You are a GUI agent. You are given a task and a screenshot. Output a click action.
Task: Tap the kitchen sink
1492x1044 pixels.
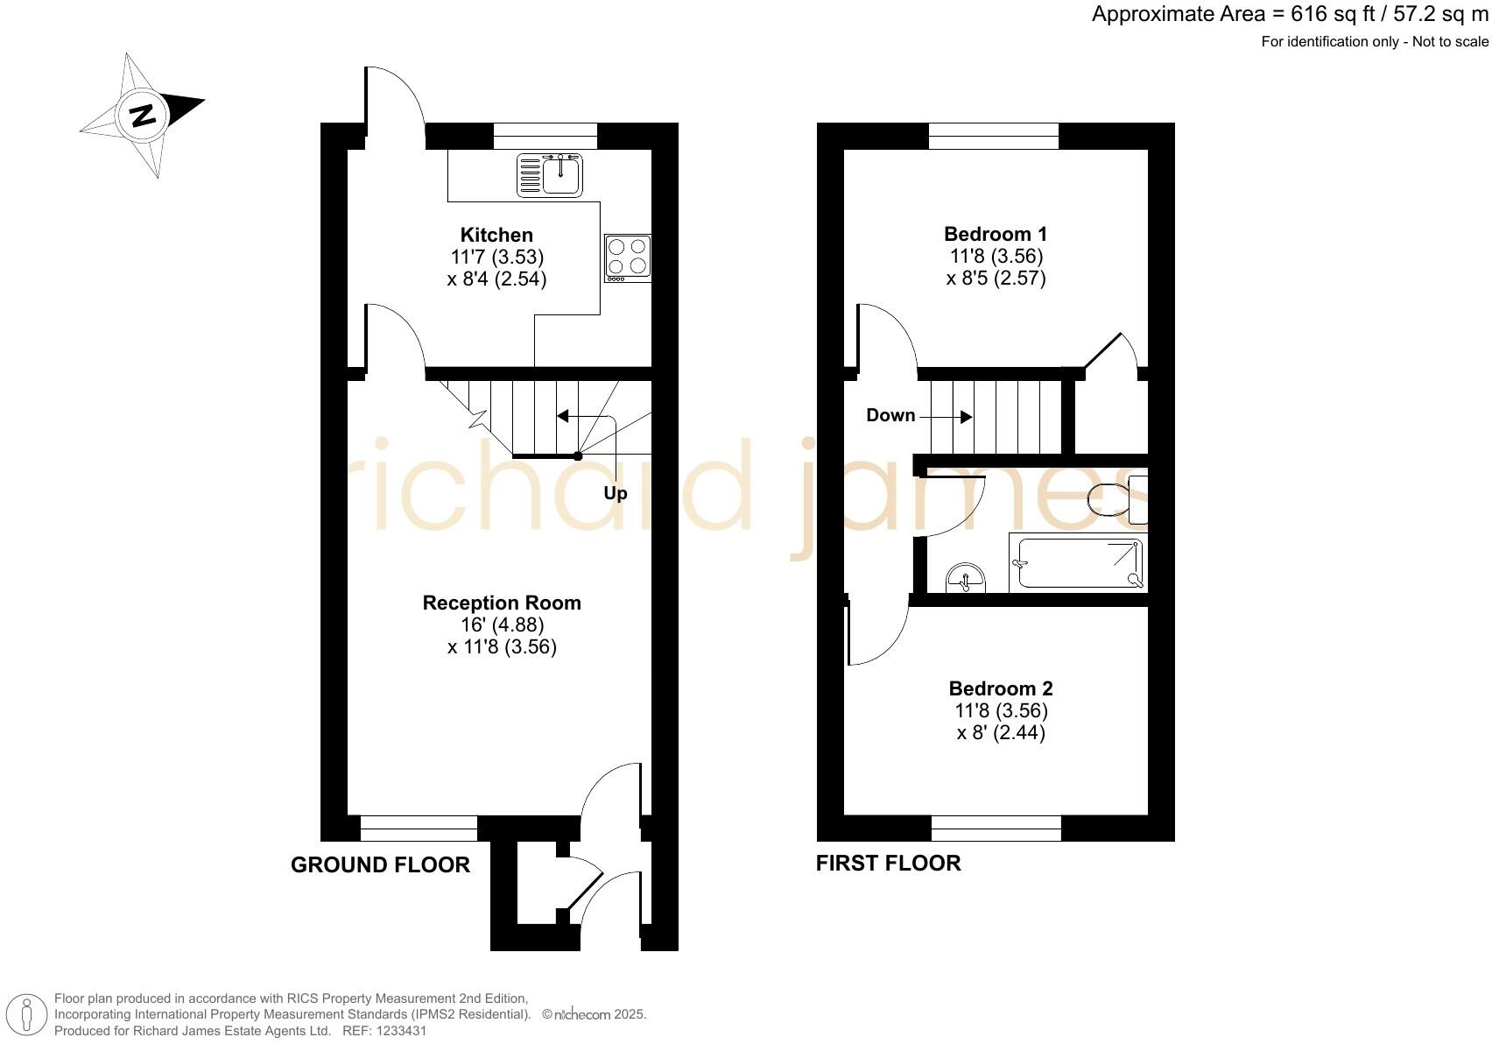[551, 174]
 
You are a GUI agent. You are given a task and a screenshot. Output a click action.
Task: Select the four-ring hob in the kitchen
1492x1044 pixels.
[627, 257]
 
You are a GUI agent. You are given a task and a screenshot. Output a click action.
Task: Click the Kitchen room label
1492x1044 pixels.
[496, 235]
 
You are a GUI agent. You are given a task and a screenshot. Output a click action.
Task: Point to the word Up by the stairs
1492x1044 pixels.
[615, 493]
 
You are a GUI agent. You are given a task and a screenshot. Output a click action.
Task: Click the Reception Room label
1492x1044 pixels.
[502, 603]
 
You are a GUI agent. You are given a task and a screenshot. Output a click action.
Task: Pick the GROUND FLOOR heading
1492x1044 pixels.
[380, 865]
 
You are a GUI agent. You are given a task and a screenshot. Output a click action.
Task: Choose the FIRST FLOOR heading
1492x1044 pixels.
[888, 864]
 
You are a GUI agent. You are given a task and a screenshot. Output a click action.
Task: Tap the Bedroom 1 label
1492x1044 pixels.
[996, 234]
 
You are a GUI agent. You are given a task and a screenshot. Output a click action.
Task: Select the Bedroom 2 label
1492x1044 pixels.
[1001, 688]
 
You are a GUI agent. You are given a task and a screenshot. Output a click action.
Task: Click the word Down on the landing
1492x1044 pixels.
[890, 415]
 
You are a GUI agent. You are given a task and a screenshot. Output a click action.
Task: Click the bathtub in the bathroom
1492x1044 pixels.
[1078, 563]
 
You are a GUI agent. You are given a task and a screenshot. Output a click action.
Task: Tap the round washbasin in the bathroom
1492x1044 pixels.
[966, 579]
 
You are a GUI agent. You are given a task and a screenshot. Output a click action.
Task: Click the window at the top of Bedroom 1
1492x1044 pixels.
[993, 136]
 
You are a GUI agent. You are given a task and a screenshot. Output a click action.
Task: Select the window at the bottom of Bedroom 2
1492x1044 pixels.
[996, 828]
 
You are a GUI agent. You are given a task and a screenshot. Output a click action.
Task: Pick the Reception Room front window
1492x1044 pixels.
[419, 828]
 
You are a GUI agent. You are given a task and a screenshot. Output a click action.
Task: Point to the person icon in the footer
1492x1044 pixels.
[28, 1016]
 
